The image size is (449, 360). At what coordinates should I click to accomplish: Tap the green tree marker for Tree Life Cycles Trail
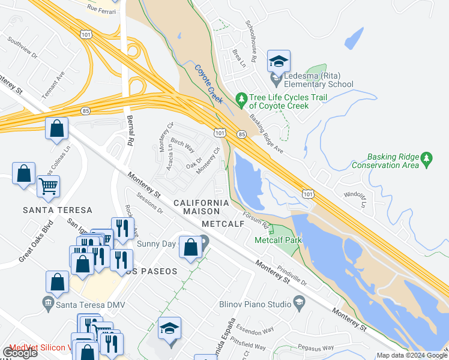point(242,98)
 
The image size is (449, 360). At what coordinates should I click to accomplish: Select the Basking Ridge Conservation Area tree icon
point(427,158)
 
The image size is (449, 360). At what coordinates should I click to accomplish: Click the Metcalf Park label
point(278,240)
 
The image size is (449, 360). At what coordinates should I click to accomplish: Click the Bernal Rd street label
point(130,127)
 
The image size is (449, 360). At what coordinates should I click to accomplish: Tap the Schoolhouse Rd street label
point(251,42)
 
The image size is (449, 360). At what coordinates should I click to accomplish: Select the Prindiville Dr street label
point(292,274)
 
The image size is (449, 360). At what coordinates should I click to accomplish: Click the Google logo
point(20,352)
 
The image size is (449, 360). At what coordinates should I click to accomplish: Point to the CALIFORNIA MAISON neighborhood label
point(201,203)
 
